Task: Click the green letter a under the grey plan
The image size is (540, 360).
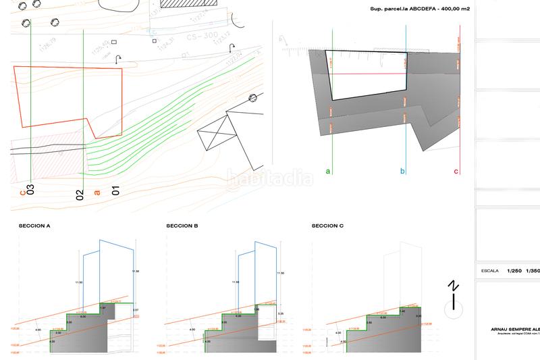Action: [328, 172]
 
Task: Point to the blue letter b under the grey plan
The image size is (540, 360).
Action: [403, 172]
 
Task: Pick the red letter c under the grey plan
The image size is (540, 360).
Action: [456, 172]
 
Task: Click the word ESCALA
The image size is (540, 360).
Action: [489, 270]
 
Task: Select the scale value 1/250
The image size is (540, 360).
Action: [515, 270]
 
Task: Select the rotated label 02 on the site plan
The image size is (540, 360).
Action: [80, 196]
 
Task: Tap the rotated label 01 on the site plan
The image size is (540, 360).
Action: [115, 190]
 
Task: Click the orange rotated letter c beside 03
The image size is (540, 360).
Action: [22, 192]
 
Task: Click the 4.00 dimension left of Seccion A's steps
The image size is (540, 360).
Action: [38, 330]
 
